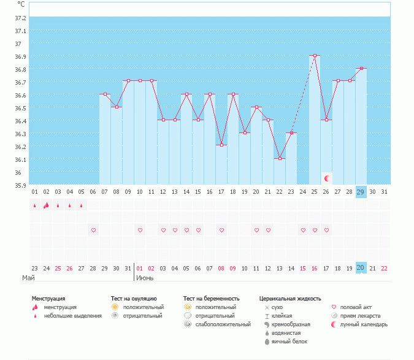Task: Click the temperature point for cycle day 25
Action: point(315,55)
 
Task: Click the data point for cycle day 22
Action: point(280,158)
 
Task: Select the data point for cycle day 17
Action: point(221,145)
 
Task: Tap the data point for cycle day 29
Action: point(361,69)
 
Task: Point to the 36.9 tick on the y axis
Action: point(21,56)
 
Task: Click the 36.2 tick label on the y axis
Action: point(21,147)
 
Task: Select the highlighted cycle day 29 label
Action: point(361,191)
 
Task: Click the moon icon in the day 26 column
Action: point(327,178)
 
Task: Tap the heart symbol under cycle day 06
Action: point(93,230)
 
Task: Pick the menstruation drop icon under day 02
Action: point(46,205)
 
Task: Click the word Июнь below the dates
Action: point(145,278)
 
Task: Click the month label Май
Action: point(28,278)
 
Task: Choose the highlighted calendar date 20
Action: point(361,268)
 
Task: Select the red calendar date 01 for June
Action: point(140,268)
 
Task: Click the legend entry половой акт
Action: point(356,307)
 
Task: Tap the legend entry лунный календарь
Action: point(364,324)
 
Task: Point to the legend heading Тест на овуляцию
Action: point(134,298)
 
